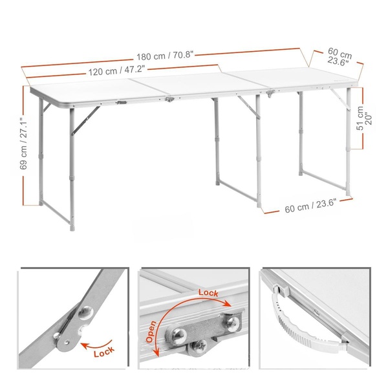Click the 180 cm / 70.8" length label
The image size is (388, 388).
(165, 56)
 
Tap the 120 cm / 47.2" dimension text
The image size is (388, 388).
(116, 70)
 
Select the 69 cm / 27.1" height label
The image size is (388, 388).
(23, 144)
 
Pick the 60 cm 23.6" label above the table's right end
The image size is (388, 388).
(339, 57)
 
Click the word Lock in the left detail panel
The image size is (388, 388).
(104, 352)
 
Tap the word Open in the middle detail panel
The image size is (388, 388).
(151, 332)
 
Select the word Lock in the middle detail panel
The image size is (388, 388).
(208, 293)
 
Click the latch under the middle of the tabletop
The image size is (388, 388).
(169, 100)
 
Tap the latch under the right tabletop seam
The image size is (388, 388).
(270, 93)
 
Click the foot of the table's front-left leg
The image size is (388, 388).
(72, 229)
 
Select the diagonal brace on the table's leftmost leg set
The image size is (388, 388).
(85, 120)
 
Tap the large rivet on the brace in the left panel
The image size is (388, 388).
(85, 312)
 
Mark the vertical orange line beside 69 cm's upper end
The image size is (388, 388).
(23, 101)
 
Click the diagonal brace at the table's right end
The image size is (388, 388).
(340, 98)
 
